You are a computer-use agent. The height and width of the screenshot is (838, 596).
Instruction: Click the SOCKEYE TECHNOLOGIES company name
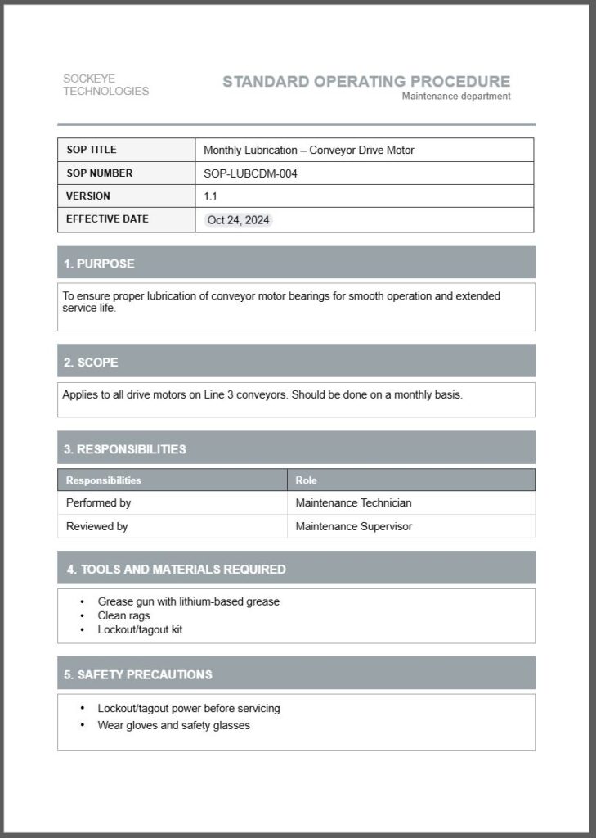coord(105,85)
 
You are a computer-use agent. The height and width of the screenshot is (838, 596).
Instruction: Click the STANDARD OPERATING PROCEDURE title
coord(366,81)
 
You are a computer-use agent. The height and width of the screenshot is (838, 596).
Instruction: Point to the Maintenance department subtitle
coord(456,97)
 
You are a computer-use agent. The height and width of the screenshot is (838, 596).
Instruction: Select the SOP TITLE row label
coord(92,150)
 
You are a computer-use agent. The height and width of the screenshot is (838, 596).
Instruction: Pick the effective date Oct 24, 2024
coord(239,220)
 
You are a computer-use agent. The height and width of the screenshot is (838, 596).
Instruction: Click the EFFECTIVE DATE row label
coord(107,219)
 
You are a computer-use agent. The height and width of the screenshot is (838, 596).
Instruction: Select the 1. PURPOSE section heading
coord(100,264)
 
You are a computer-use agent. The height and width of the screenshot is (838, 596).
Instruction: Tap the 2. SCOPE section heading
coord(92,362)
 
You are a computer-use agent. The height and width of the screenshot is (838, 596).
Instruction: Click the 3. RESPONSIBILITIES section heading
coord(125,449)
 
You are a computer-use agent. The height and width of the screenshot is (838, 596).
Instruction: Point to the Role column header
coord(307,480)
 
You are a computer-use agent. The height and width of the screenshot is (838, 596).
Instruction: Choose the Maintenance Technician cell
coord(353,503)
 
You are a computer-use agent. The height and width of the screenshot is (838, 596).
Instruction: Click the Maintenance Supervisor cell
coord(353,526)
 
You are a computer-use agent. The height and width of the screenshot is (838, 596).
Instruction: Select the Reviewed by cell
coord(96,526)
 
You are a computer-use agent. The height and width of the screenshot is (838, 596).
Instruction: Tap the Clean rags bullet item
coord(123,615)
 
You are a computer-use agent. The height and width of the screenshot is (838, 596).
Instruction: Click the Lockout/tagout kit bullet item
coord(134,630)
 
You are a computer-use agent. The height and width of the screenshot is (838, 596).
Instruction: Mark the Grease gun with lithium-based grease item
coord(188,601)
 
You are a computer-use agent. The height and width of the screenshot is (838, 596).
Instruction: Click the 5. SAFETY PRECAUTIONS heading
coord(138,674)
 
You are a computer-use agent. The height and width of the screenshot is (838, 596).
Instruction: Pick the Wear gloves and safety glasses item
coord(173,725)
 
